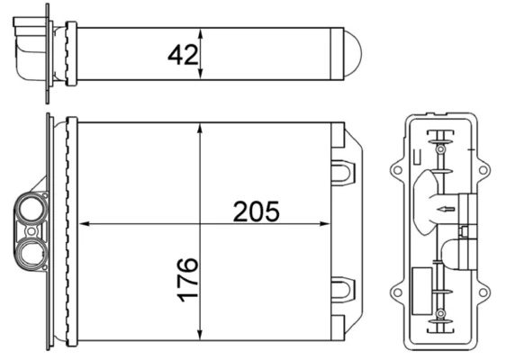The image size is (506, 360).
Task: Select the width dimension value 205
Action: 257,211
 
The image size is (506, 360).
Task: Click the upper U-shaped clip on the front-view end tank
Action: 344,170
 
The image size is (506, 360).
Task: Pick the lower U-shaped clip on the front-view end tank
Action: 344,290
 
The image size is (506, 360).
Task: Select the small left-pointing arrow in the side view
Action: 440,210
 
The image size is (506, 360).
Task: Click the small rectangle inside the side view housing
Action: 422,282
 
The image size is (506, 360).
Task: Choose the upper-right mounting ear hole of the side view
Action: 483,169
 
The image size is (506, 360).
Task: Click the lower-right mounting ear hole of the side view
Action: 483,291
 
